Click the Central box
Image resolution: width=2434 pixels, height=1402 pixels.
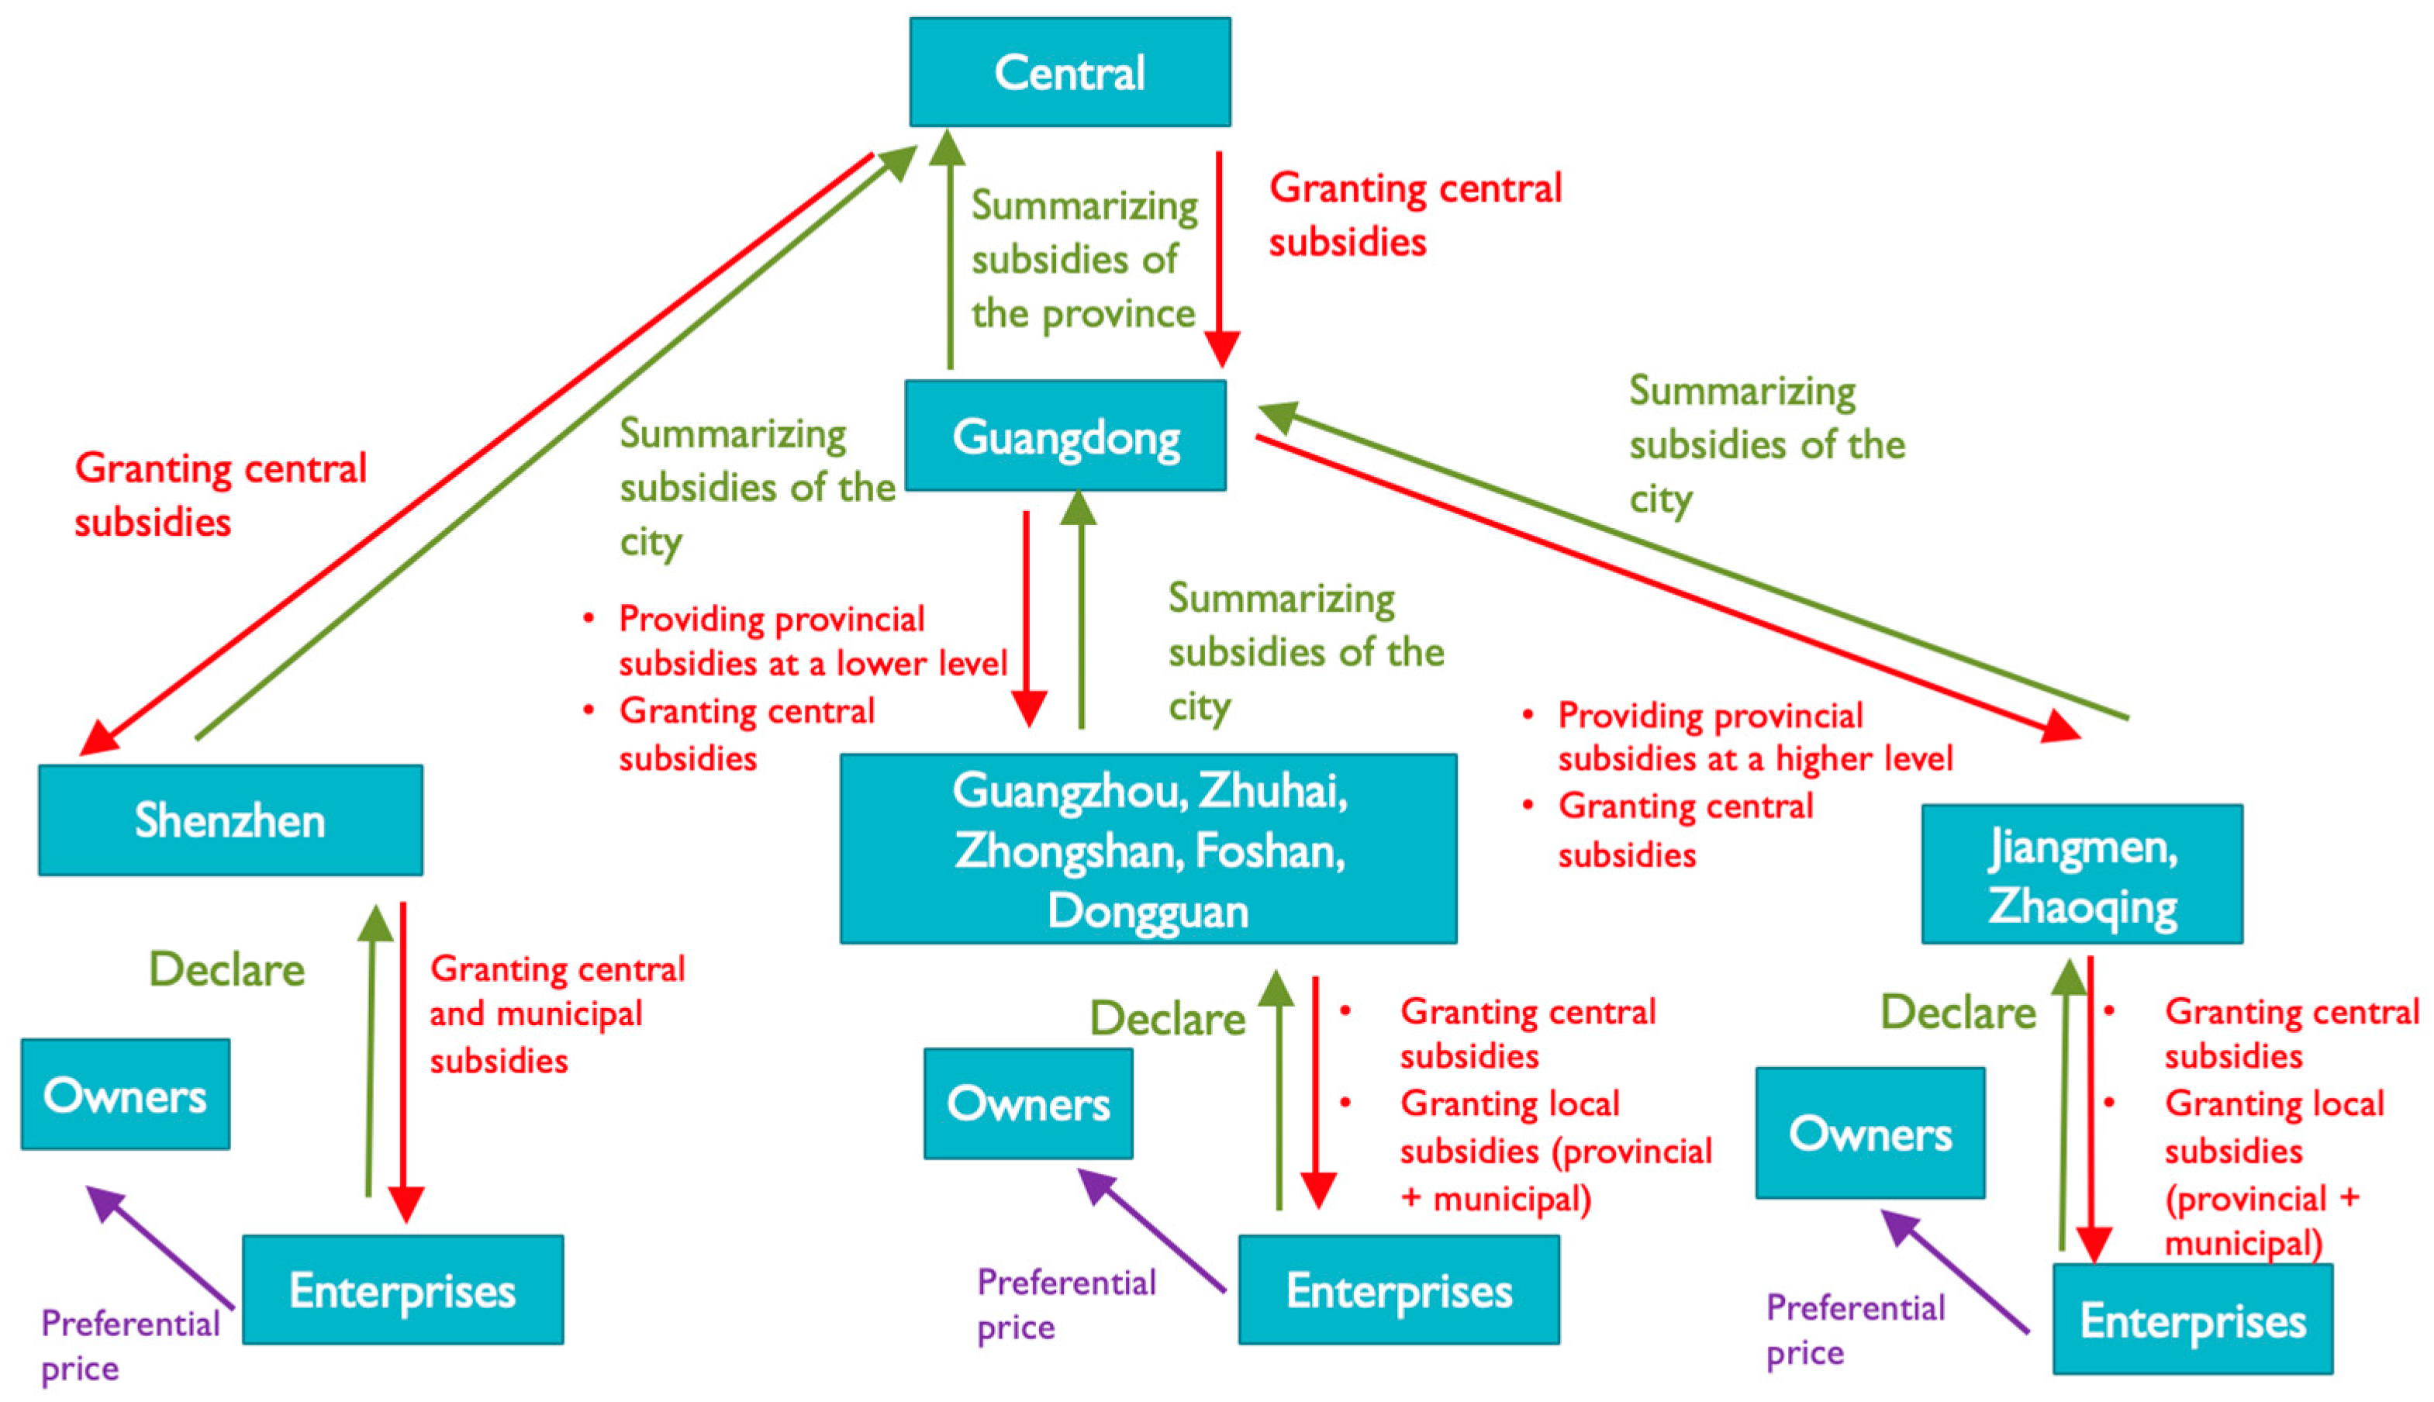[1070, 72]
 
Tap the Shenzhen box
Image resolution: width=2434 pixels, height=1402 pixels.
[230, 820]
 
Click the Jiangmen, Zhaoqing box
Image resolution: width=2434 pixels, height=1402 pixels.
[2082, 875]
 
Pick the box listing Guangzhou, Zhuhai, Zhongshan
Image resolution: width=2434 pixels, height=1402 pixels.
[1148, 849]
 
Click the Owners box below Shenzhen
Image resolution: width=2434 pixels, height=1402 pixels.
[125, 1095]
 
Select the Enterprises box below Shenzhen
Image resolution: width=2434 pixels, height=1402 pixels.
[402, 1290]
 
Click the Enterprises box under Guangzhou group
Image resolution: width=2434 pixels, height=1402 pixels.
[1398, 1290]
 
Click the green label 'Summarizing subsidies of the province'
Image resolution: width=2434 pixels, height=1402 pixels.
[1083, 259]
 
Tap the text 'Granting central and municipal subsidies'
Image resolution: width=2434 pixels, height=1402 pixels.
[557, 1014]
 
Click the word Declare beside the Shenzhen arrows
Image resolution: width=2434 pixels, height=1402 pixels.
[226, 969]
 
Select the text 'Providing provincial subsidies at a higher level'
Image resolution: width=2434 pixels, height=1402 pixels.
[1754, 737]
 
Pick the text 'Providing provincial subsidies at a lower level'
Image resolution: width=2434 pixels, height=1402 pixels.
[812, 641]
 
